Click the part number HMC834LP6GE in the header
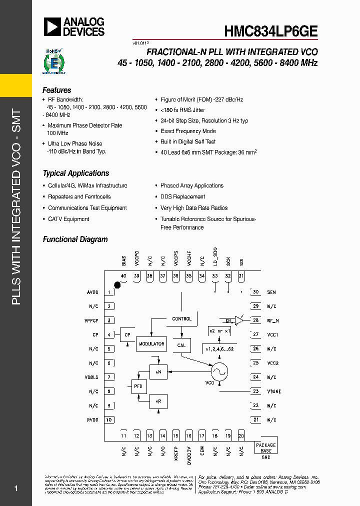[270, 30]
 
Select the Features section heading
[57, 90]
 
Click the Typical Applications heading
[76, 173]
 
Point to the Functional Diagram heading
[75, 239]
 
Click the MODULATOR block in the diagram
[151, 344]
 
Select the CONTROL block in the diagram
[181, 318]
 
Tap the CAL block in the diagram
[181, 345]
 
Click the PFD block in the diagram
[138, 386]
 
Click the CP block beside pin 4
[127, 335]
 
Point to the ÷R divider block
[158, 401]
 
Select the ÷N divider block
[158, 372]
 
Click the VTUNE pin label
[274, 391]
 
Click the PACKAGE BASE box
[265, 447]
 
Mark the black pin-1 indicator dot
[117, 285]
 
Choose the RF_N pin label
[272, 320]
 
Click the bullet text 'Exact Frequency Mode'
[188, 131]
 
